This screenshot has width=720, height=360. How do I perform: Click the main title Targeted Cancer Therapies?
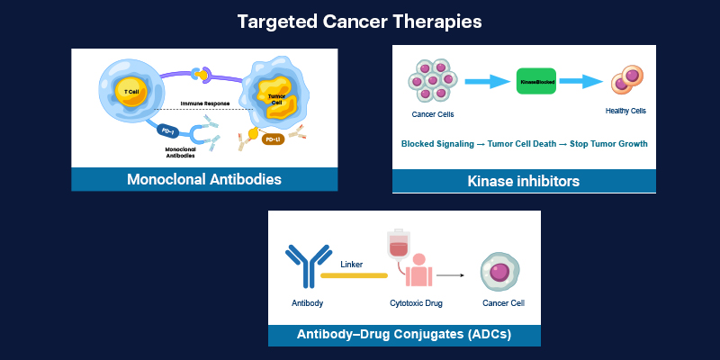[360, 21]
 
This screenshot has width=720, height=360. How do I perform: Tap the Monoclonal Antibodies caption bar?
[204, 179]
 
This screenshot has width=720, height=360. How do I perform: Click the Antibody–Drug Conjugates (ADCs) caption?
[404, 335]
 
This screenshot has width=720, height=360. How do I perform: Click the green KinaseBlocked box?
[535, 82]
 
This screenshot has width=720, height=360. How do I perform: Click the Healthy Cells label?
[625, 112]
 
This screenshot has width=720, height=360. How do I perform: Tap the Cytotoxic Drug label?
[416, 304]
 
